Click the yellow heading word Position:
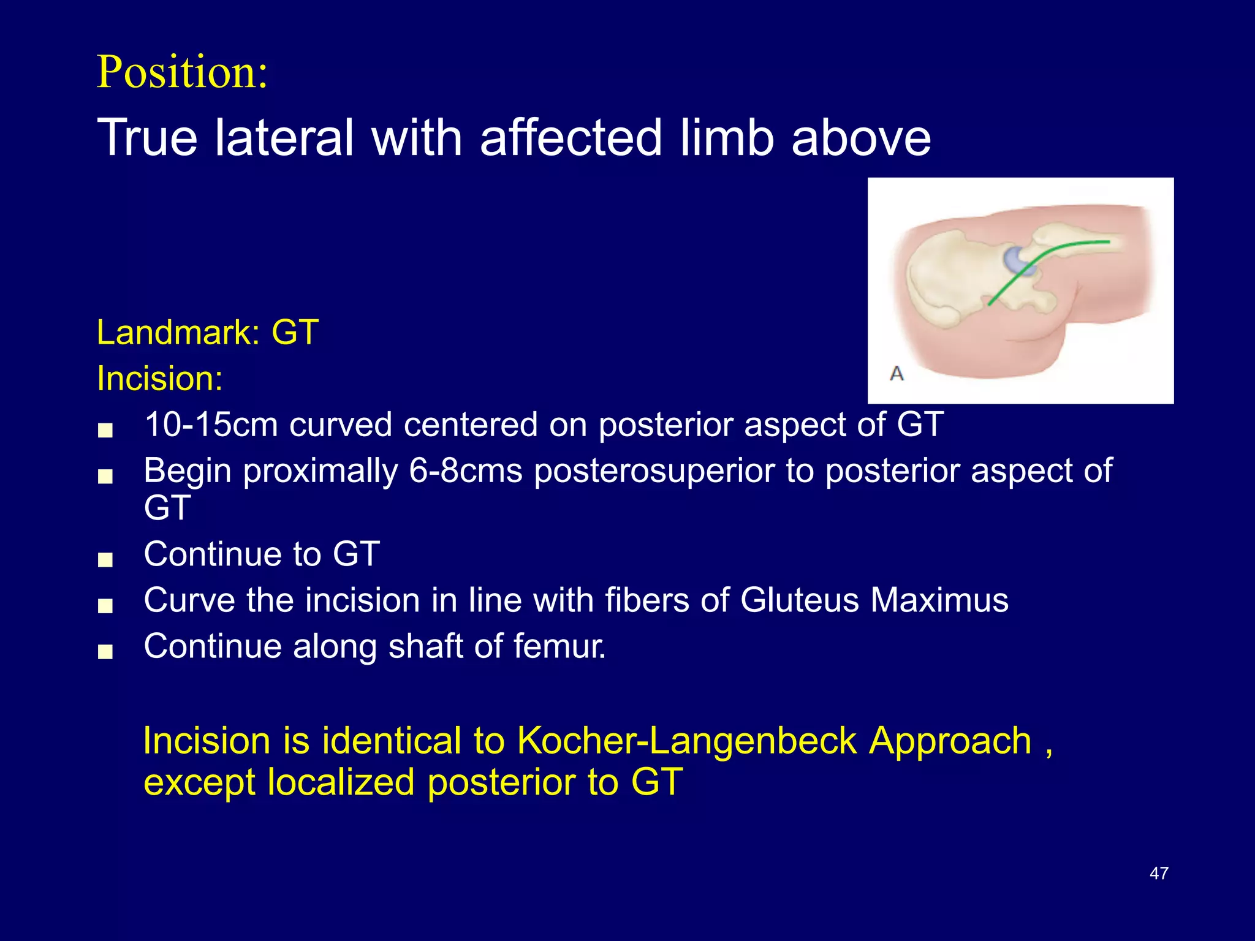tap(182, 72)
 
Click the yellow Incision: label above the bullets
tap(160, 379)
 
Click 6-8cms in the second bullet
tap(465, 471)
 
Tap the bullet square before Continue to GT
tap(105, 560)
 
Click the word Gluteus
tap(799, 600)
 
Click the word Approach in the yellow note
tap(950, 741)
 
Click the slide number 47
tap(1159, 873)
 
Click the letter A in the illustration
tap(897, 373)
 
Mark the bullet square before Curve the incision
tap(105, 607)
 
